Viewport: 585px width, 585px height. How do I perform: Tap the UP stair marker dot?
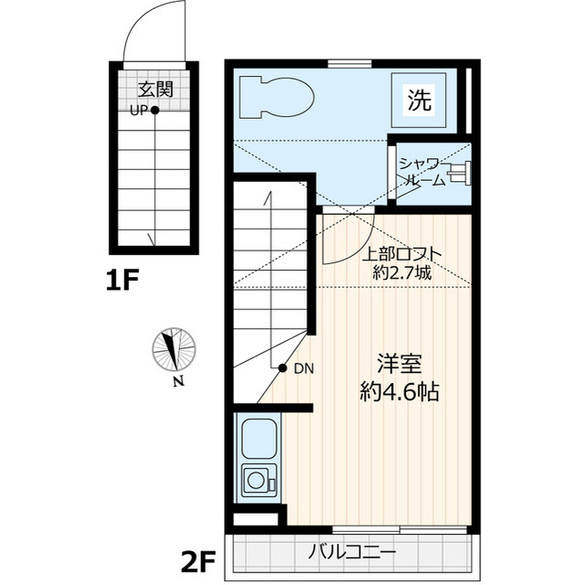pos(155,111)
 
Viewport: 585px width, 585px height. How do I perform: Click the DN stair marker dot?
pos(283,368)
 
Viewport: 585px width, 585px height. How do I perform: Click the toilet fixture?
pos(274,98)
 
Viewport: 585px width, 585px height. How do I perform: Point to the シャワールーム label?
pos(421,172)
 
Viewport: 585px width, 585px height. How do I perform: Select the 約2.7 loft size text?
pos(402,272)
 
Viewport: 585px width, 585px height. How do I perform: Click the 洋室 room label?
pos(399,363)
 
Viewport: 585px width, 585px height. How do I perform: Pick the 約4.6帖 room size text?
pos(399,393)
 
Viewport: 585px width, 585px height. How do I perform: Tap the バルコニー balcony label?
pos(352,553)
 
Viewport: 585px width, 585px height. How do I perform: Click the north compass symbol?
pos(173,350)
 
